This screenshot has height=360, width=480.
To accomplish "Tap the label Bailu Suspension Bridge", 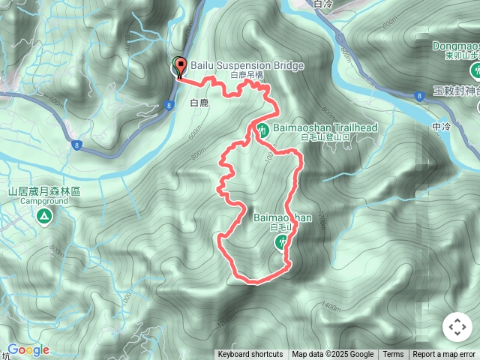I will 247,66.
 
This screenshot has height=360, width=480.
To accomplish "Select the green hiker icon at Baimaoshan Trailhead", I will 262,129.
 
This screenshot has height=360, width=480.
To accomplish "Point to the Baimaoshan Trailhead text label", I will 325,128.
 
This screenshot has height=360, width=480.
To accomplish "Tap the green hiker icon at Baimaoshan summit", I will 282,241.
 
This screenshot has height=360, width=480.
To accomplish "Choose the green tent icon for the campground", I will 43,217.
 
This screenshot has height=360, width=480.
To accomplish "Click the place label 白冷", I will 323,4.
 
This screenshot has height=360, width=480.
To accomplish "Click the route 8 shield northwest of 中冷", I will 418,95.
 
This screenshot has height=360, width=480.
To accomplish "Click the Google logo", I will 28,349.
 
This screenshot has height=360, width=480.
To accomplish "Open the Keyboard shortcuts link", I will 250,355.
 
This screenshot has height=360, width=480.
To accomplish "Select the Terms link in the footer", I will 393,355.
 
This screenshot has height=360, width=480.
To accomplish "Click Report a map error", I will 444,355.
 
